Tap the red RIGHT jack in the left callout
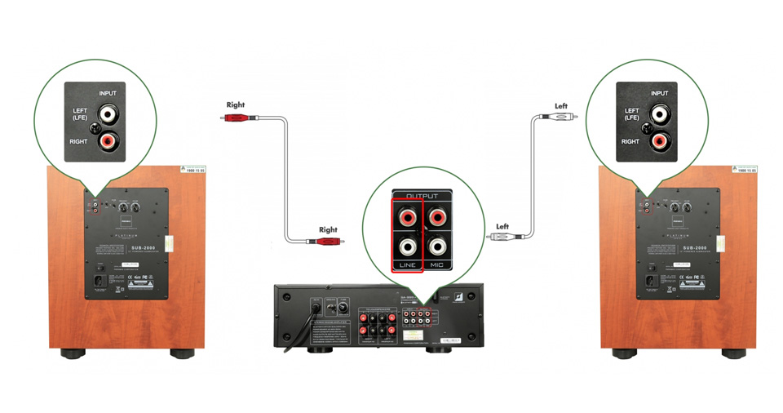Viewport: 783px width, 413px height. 106,141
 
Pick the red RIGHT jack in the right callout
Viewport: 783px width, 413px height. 658,141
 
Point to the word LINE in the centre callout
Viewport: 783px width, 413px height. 407,265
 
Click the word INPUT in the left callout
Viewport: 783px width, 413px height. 108,93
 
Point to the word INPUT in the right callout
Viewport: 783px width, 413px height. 660,93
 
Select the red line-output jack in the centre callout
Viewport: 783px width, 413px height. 407,217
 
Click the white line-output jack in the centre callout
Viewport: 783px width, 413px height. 407,246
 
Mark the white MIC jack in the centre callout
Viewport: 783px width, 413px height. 437,246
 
